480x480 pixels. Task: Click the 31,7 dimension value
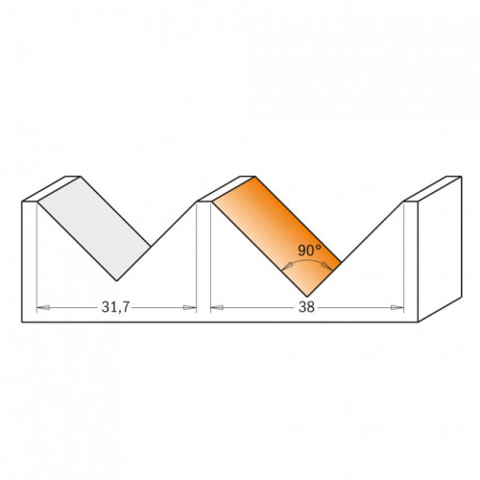115,307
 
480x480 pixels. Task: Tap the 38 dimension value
306,307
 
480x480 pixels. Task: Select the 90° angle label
309,251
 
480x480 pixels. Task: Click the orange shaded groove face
276,236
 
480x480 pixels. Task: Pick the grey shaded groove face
94,228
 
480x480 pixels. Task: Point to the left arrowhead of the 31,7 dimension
43,308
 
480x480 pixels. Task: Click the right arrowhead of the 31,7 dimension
189,308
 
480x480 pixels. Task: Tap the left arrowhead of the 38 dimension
217,308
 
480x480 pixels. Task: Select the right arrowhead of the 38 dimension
397,308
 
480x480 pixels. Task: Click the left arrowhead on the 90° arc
288,265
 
